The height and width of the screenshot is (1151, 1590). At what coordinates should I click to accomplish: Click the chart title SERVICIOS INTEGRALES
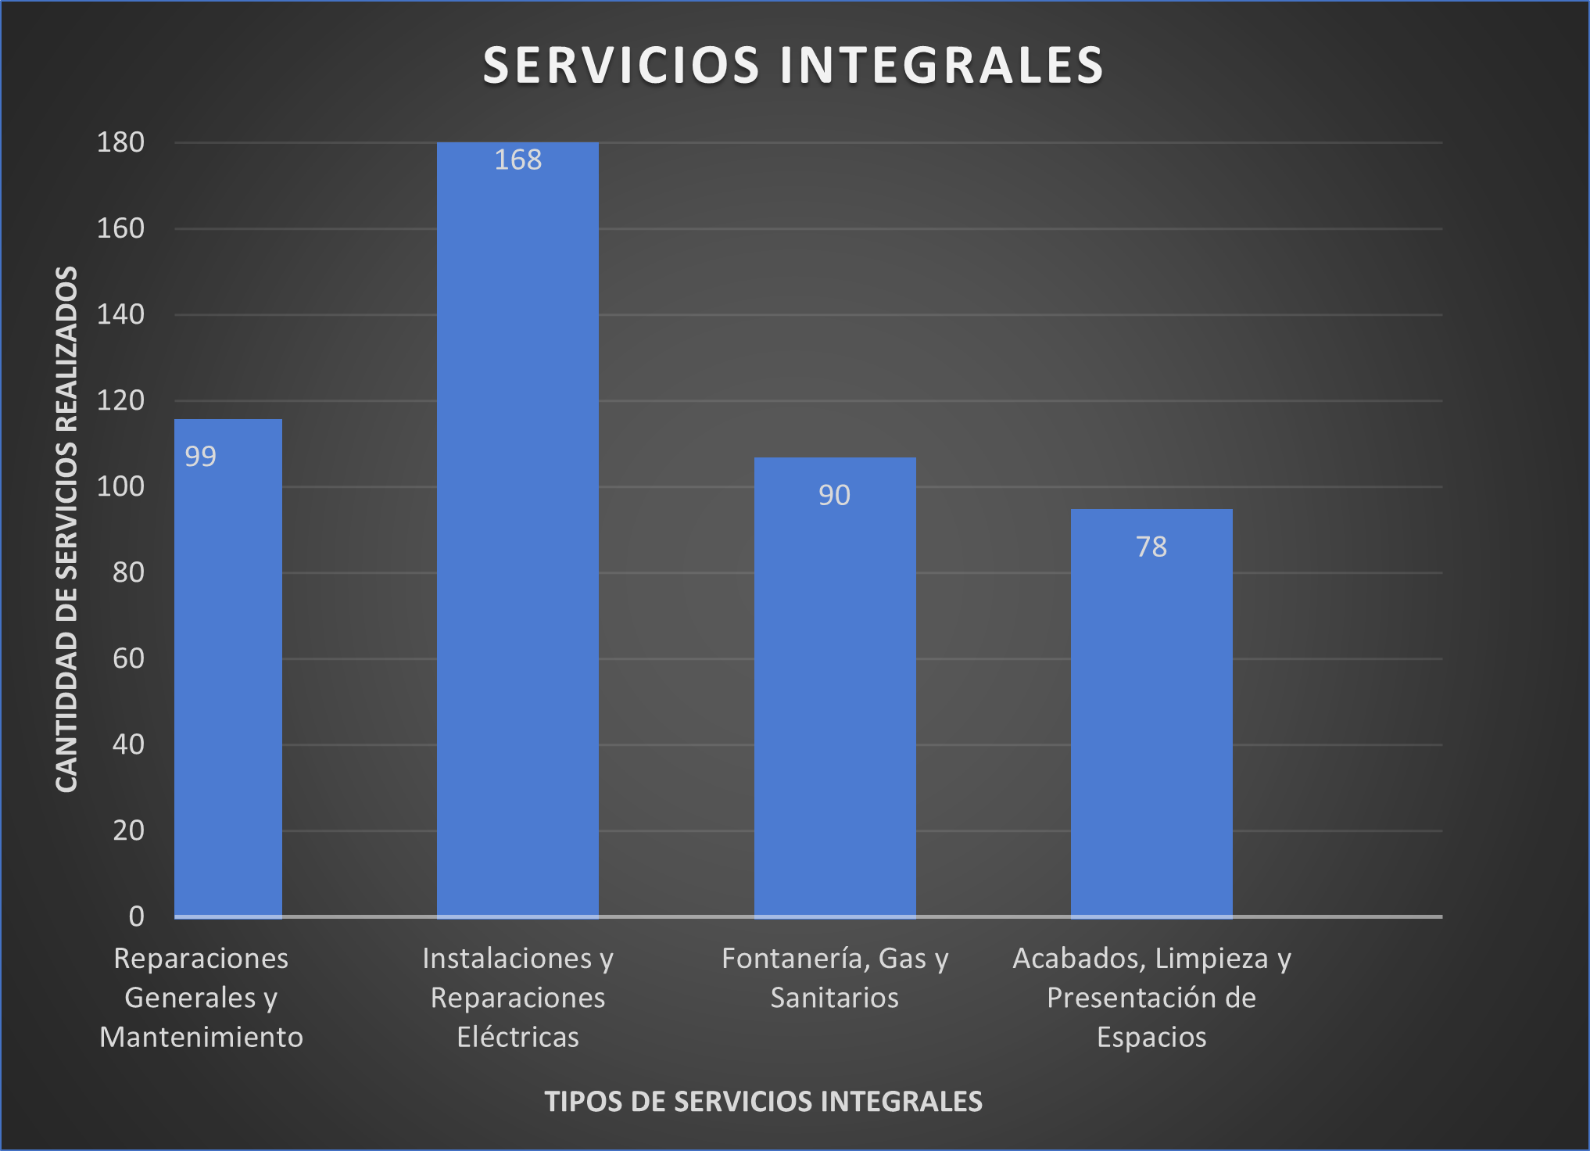[x=793, y=65]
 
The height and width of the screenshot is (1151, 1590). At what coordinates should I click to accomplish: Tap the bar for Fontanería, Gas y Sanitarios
[x=834, y=704]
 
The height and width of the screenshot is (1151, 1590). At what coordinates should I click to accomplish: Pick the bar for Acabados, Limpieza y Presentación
[x=1151, y=727]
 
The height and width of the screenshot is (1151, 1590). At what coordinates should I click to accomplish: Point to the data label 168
[x=517, y=160]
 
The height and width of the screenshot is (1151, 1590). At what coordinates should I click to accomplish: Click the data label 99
[x=200, y=457]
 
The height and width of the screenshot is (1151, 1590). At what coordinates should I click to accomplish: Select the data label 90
[x=834, y=496]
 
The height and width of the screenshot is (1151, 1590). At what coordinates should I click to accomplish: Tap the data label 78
[x=1151, y=547]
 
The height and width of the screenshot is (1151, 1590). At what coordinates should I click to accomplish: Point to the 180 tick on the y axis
[x=120, y=143]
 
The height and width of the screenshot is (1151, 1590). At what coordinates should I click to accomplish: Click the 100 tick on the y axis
[x=120, y=487]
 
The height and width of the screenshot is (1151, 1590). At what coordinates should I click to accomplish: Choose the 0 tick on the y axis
[x=136, y=916]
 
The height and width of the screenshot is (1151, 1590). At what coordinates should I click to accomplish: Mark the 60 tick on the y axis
[x=128, y=659]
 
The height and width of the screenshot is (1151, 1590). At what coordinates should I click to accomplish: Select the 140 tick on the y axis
[x=120, y=315]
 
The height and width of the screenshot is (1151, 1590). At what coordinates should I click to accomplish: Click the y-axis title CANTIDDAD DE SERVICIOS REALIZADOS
[x=67, y=529]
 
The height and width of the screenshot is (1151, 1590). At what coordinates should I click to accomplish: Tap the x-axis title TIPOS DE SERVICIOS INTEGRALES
[x=763, y=1102]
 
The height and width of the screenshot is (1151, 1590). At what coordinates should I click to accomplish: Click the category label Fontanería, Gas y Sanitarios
[x=834, y=978]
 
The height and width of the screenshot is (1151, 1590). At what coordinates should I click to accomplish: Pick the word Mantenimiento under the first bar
[x=201, y=1038]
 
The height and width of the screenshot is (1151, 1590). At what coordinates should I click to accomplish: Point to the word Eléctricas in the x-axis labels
[x=517, y=1038]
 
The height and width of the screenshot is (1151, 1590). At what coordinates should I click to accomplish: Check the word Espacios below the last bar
[x=1151, y=1038]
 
